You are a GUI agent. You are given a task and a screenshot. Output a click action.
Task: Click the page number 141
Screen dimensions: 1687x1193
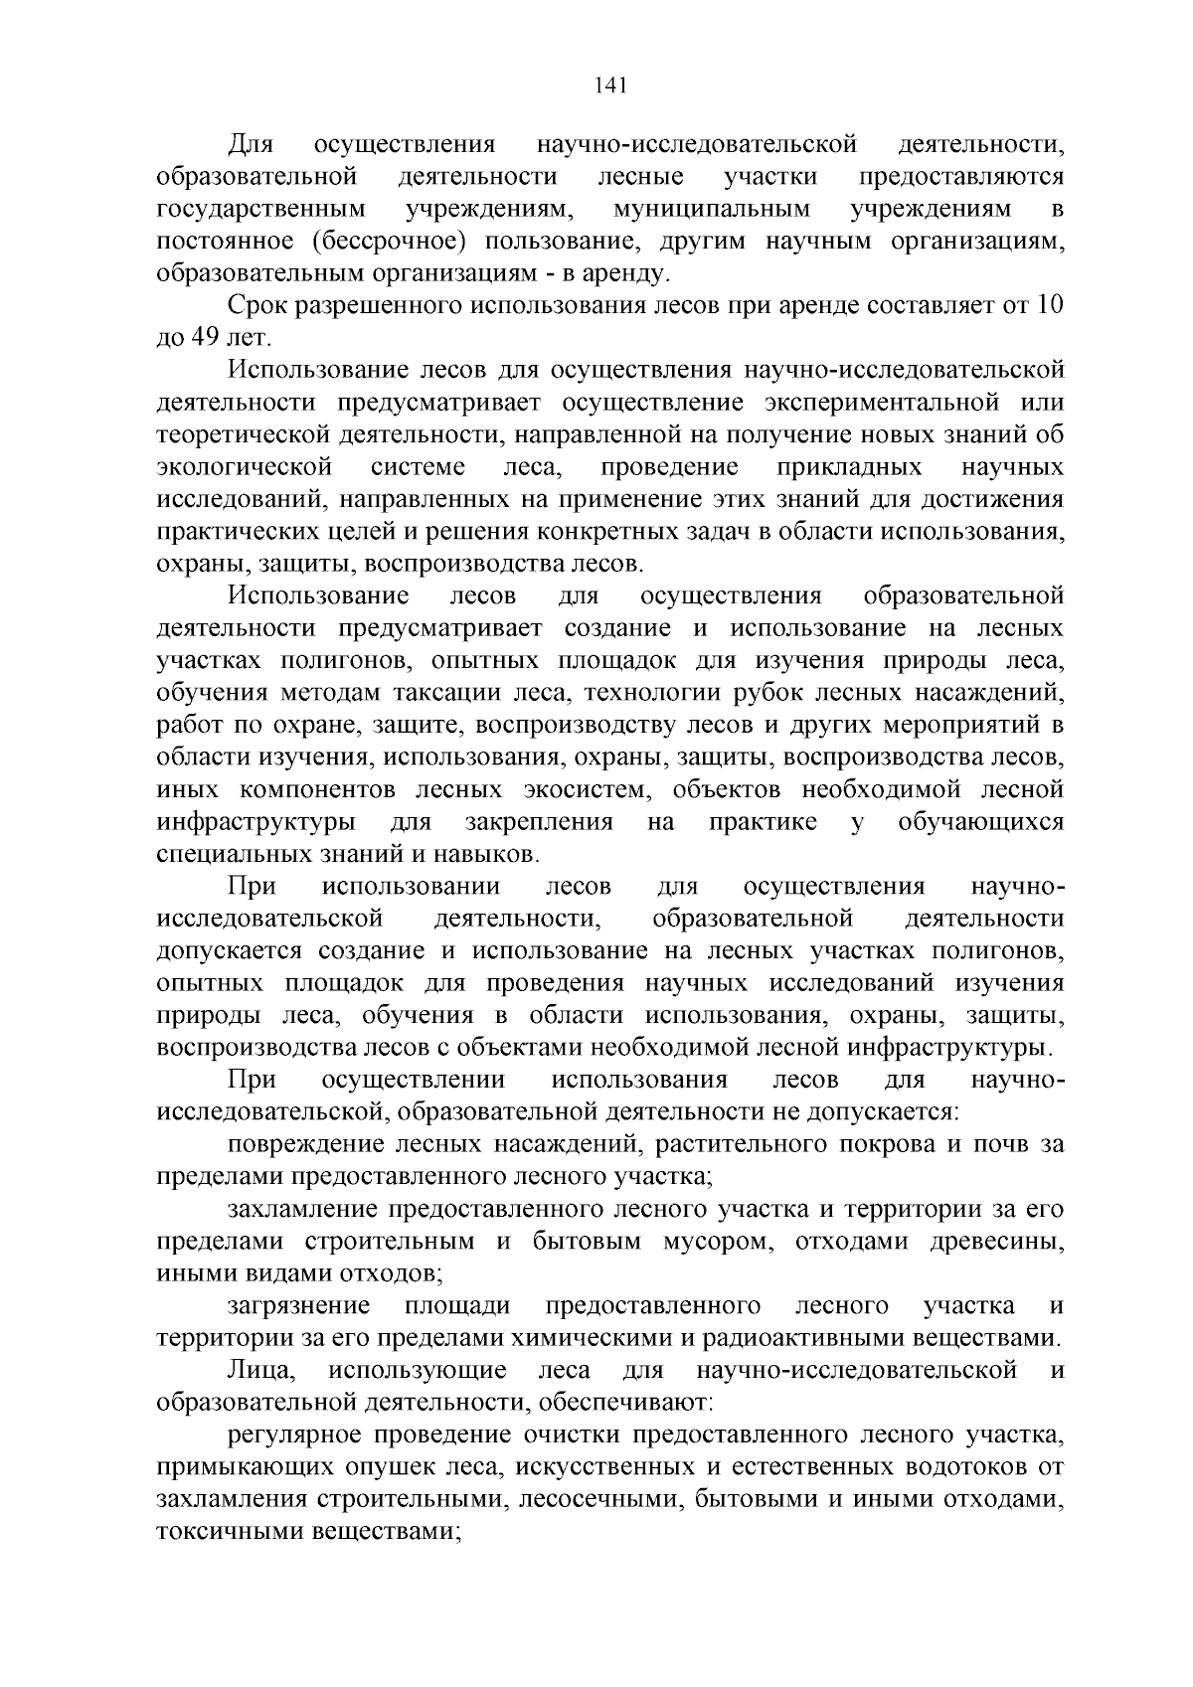click(608, 85)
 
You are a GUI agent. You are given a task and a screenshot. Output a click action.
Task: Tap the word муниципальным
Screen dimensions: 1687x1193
click(711, 210)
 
